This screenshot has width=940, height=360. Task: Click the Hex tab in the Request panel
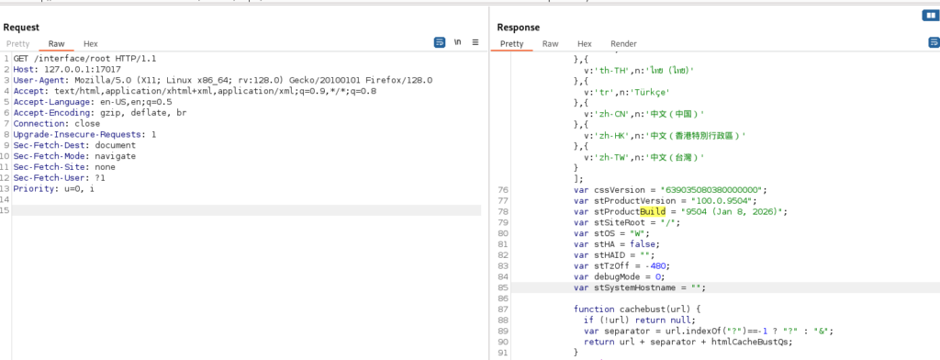(91, 44)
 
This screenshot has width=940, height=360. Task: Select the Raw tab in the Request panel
(56, 44)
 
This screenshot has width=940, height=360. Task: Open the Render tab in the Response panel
(623, 44)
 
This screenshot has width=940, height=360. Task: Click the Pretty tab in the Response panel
(511, 44)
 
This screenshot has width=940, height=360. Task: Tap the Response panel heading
(518, 27)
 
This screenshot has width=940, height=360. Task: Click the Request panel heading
(21, 27)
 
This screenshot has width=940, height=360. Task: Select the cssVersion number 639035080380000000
(718, 190)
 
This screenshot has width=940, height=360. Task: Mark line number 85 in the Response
(503, 287)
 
